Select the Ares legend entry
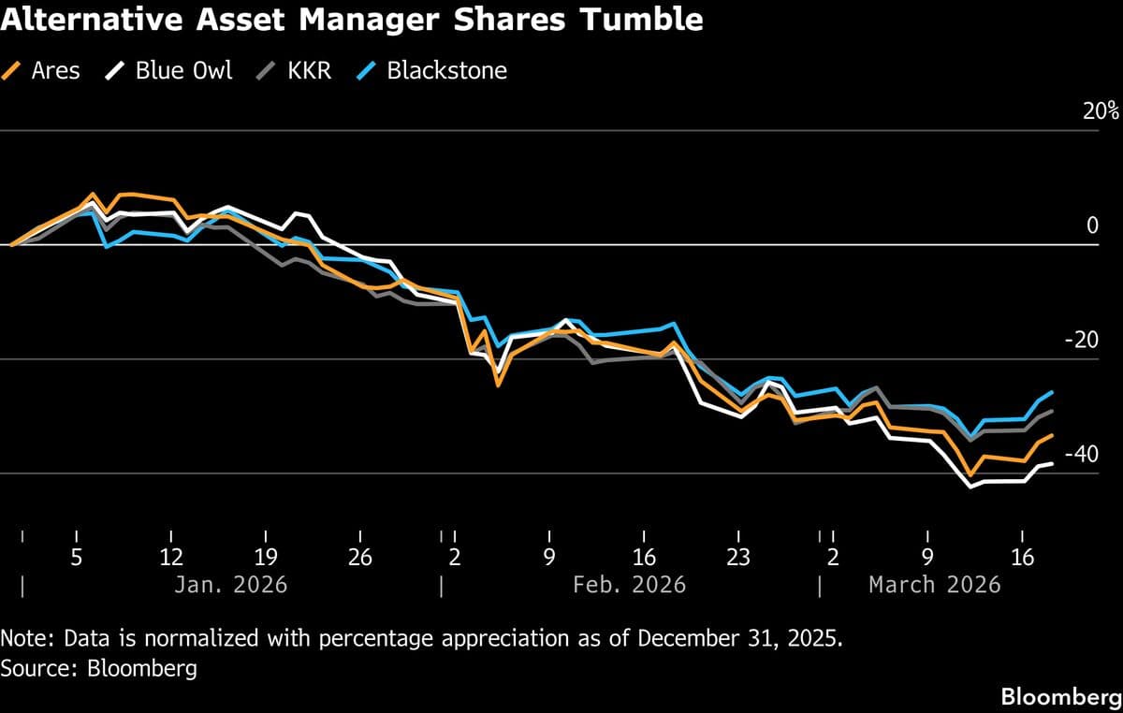(x=44, y=70)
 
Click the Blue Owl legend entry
(x=170, y=70)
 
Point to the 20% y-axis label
(x=1100, y=111)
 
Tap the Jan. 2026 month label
(x=230, y=585)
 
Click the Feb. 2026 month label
(x=629, y=585)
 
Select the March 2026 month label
(x=934, y=585)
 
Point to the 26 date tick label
(x=360, y=558)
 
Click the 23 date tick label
(x=738, y=558)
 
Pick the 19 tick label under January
(x=266, y=558)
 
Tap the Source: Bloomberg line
(x=99, y=669)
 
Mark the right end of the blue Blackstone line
(x=1053, y=392)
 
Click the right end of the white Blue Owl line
(x=1053, y=463)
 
